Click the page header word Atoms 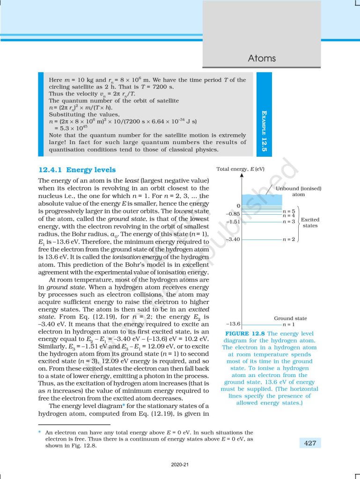(x=262, y=58)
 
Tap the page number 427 (x=310, y=443)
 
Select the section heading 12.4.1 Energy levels (x=77, y=170)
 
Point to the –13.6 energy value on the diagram (x=233, y=324)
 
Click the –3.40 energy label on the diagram (x=233, y=239)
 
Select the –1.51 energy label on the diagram (x=233, y=221)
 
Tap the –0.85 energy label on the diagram (x=233, y=214)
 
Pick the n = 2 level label (x=289, y=239)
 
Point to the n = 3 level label (x=289, y=221)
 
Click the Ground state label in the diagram (x=290, y=318)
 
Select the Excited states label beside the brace (x=310, y=222)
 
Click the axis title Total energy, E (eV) (x=240, y=168)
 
